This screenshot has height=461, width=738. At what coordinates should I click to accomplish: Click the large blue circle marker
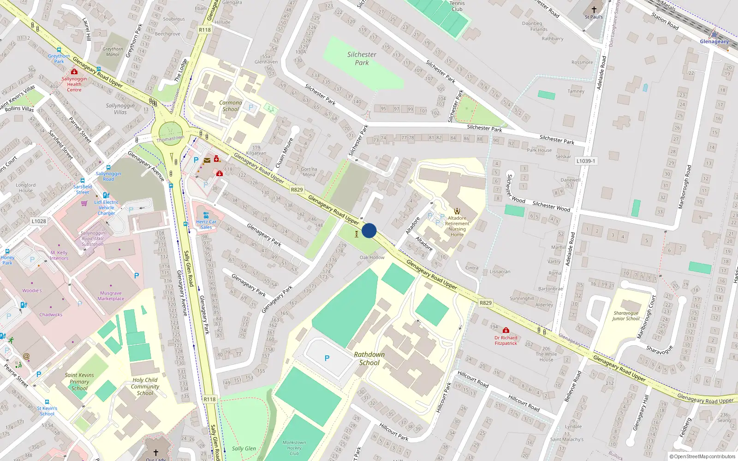(x=369, y=230)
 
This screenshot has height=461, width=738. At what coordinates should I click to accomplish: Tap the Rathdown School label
(x=369, y=359)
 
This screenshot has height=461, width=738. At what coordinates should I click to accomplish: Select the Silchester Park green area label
(x=362, y=58)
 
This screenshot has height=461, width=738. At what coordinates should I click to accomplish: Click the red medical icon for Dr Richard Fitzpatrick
(x=506, y=331)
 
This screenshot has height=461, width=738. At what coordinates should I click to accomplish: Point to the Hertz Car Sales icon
(x=206, y=215)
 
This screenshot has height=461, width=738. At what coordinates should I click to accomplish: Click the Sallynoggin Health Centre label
(x=74, y=84)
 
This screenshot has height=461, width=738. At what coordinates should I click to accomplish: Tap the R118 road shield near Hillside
(x=205, y=30)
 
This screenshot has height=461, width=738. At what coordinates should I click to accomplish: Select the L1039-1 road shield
(x=586, y=161)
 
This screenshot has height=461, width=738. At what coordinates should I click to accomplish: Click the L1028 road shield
(x=39, y=221)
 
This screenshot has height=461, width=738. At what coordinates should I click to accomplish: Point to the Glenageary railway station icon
(x=714, y=34)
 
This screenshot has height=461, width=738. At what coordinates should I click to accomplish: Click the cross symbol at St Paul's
(x=594, y=9)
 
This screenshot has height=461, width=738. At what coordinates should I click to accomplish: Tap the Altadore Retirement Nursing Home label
(x=457, y=226)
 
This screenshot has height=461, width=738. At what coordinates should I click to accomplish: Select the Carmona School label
(x=231, y=106)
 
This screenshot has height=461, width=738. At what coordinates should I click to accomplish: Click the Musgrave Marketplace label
(x=111, y=296)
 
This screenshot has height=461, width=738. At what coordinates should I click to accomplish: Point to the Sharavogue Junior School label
(x=626, y=316)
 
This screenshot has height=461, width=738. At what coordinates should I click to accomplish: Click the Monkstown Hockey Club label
(x=294, y=448)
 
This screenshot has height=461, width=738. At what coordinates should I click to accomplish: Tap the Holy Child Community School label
(x=145, y=387)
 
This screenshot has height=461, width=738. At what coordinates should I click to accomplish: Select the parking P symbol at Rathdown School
(x=327, y=358)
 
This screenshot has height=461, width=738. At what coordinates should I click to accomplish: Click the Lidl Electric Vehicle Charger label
(x=107, y=207)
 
